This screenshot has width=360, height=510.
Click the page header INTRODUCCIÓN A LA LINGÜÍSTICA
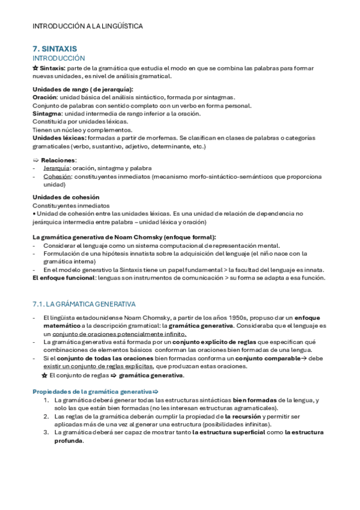88,26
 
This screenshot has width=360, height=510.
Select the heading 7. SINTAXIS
55,48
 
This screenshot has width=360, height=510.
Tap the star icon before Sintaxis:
35,68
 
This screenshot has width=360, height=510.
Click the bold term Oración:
44,97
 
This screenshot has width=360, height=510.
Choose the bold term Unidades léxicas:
58,138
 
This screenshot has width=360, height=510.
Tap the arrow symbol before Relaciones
35,160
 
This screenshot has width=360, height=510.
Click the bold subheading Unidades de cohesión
66,197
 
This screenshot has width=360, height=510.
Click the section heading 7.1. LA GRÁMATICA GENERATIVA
84,304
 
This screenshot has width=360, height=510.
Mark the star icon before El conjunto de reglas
44,375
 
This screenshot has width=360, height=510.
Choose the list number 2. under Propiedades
46,416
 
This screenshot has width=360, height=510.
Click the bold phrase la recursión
243,416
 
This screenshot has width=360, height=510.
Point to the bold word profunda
69,440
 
